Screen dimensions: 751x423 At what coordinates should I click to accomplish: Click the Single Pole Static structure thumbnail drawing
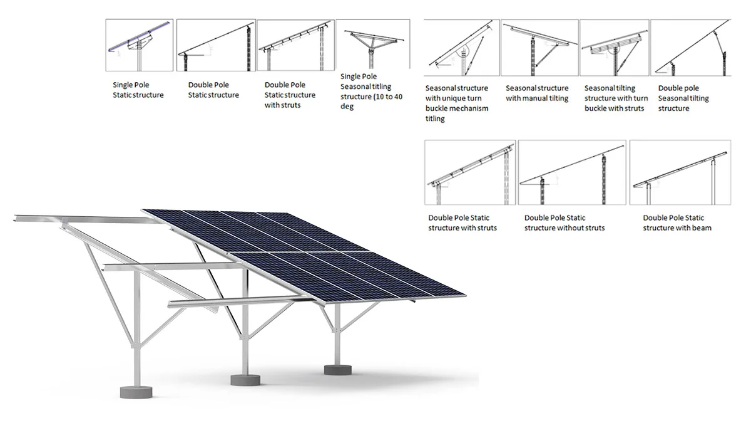[x=140, y=45]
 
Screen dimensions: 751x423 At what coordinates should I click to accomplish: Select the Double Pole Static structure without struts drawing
[x=572, y=172]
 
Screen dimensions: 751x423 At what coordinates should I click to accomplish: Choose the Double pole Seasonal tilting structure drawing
[x=691, y=48]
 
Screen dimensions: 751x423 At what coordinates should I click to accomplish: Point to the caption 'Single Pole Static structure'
[x=138, y=90]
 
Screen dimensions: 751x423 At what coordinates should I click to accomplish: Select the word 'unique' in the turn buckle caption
[x=450, y=98]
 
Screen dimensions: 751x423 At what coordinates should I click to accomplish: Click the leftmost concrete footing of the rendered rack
[x=136, y=392]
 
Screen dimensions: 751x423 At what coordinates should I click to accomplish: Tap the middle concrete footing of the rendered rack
[x=245, y=380]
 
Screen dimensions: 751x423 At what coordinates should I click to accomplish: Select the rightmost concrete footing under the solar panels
[x=338, y=370]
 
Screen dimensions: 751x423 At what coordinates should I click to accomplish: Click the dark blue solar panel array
[x=304, y=256]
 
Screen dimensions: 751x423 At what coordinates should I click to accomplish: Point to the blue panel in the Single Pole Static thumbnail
[x=139, y=36]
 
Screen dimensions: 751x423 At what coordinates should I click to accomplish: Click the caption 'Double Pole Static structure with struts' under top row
[x=290, y=95]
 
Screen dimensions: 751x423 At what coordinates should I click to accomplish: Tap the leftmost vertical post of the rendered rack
[x=136, y=329]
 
